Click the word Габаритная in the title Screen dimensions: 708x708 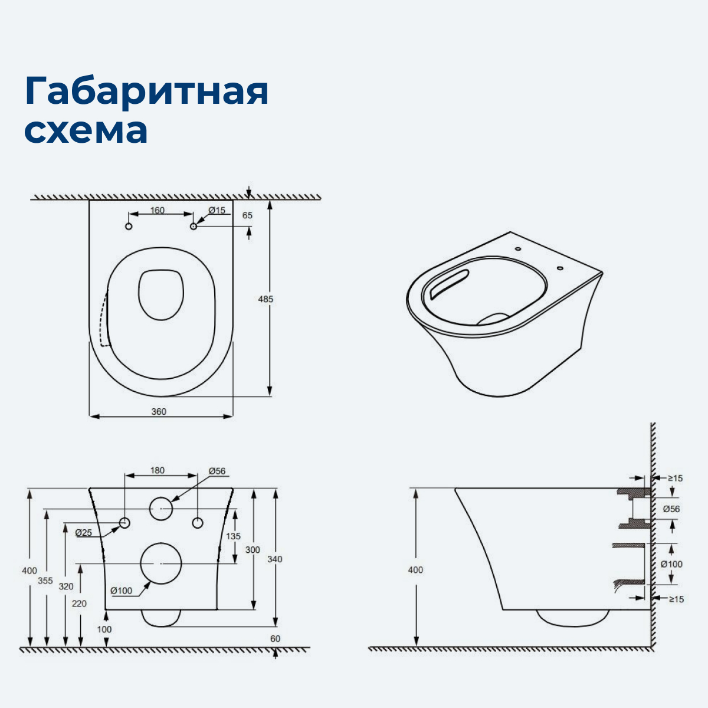pos(146,91)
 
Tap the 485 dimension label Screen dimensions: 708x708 pos(265,299)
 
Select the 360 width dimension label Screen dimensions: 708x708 pos(159,411)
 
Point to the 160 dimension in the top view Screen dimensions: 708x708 pos(158,211)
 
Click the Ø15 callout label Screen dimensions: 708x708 pos(217,211)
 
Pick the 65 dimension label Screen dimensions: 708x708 pos(247,215)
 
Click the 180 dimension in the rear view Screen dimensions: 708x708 pos(158,470)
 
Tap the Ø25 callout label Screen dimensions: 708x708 pos(84,533)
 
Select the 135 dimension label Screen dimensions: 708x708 pos(234,536)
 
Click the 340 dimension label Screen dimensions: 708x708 pos(275,559)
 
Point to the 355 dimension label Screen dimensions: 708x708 pos(45,581)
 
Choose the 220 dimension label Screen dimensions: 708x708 pos(79,603)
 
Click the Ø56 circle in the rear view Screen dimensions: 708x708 pos(161,509)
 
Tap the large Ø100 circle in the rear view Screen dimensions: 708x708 pos(161,563)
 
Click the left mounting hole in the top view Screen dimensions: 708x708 pos(129,227)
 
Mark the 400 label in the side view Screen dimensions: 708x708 pos(415,570)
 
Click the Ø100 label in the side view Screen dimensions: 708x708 pos(671,564)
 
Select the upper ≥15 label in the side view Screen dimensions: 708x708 pos(675,478)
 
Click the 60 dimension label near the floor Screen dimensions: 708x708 pos(275,638)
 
